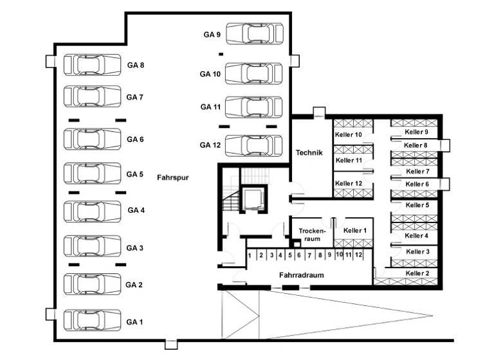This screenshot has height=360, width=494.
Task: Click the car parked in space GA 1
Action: pos(93,320)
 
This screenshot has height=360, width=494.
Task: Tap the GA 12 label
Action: pos(210,145)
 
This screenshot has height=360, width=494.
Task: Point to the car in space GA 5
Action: pos(93,174)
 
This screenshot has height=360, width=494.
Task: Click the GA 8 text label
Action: pos(135,65)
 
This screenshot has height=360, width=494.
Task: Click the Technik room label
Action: pos(309,152)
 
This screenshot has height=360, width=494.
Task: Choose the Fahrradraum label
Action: pos(301,274)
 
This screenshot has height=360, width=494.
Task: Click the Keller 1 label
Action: pos(354,230)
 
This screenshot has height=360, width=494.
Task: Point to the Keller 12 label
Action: pos(349,183)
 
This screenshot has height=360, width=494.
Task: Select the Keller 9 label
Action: pos(417,132)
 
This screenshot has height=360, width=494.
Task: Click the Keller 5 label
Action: pos(417,205)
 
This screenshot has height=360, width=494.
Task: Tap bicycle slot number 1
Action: pos(250,255)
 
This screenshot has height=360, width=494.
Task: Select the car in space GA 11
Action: pos(253,107)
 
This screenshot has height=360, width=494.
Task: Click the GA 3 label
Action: pos(134,248)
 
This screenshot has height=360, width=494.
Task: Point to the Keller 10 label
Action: pos(349,134)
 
